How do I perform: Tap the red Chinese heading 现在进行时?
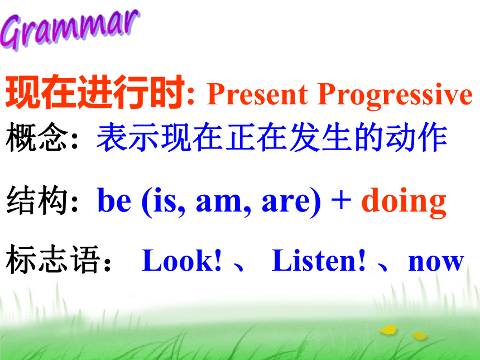click(95, 92)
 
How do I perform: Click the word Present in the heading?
click(257, 94)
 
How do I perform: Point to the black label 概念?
click(37, 137)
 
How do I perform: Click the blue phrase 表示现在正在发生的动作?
click(272, 137)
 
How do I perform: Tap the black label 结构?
click(37, 200)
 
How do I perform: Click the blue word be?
click(114, 200)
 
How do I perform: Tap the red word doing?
click(404, 202)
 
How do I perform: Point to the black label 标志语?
click(53, 260)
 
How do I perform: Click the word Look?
click(181, 260)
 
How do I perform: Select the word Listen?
click(319, 260)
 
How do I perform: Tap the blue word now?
click(436, 263)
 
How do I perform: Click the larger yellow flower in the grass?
click(388, 330)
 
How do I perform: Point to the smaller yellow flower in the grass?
click(420, 336)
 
